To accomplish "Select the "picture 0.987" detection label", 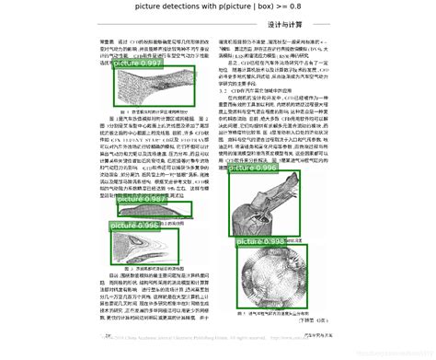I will (138, 197).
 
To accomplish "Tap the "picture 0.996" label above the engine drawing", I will (253, 169).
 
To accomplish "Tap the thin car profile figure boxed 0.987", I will (152, 211).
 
